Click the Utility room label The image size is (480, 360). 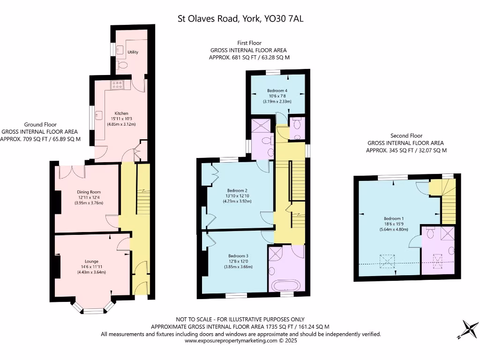(x=133, y=52)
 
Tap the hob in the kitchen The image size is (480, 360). (x=118, y=84)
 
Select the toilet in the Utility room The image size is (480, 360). (x=122, y=65)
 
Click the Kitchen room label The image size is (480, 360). (x=121, y=113)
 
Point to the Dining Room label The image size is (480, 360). (x=89, y=192)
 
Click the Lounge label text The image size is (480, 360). (x=91, y=261)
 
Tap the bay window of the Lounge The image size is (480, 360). (x=93, y=307)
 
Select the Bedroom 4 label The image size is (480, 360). (x=277, y=90)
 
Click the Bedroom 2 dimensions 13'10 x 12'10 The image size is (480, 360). (x=237, y=196)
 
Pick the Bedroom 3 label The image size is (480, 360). (x=238, y=255)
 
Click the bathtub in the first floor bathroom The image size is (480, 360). (x=286, y=286)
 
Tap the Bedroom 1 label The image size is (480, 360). (x=394, y=218)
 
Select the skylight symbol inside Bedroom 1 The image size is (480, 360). (x=387, y=261)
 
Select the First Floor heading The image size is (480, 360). (x=249, y=43)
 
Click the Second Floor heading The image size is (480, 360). (x=406, y=135)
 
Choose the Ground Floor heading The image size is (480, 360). (x=40, y=125)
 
